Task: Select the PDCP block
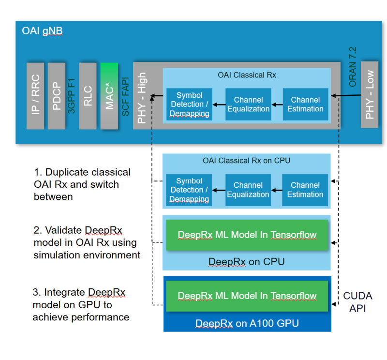[57, 96]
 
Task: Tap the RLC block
[88, 96]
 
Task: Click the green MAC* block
[109, 96]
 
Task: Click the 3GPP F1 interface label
[72, 96]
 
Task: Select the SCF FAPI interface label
[125, 96]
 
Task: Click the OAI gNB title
[42, 31]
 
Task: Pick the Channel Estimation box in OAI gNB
[305, 105]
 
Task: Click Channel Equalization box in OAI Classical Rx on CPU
[248, 190]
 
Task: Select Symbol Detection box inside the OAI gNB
[189, 105]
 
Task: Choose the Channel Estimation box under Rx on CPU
[305, 190]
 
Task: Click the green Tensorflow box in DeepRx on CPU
[247, 235]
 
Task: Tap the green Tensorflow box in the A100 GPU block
[247, 296]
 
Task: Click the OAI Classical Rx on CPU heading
[247, 160]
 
